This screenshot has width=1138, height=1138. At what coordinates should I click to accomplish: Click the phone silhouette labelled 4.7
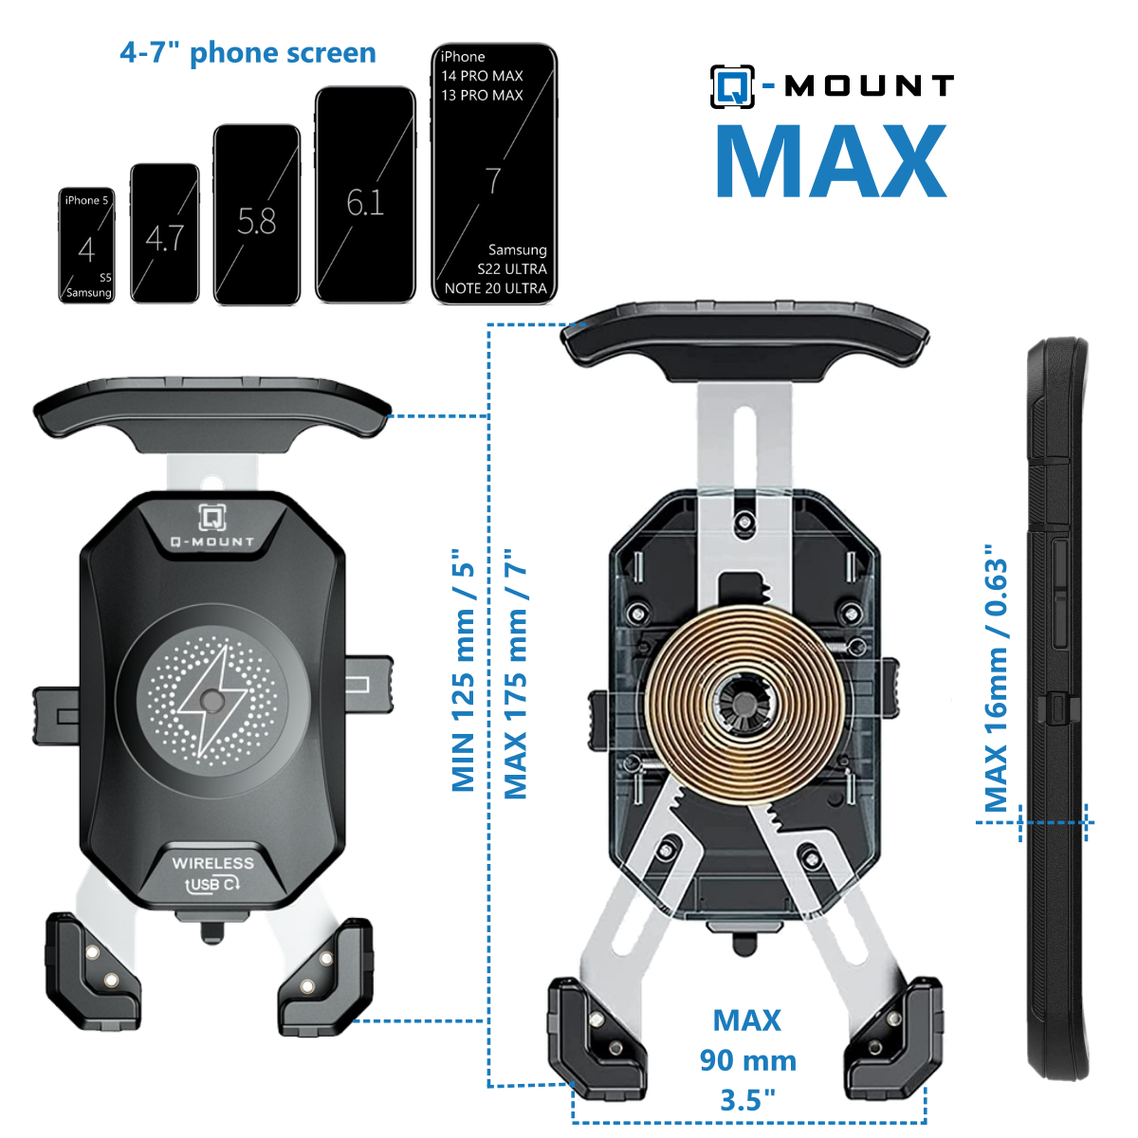tap(165, 233)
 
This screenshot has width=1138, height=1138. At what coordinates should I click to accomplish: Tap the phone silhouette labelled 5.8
tap(256, 214)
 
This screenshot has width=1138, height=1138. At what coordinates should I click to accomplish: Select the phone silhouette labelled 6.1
tap(365, 195)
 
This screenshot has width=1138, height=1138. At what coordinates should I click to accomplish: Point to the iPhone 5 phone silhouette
tap(86, 245)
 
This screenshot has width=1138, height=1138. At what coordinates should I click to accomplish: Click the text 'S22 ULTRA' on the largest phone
tap(512, 269)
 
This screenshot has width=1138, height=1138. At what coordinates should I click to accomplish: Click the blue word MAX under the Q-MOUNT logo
tap(832, 161)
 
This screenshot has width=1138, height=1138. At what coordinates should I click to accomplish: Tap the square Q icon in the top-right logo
tap(732, 87)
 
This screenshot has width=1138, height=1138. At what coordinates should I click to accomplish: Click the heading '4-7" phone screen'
tap(248, 52)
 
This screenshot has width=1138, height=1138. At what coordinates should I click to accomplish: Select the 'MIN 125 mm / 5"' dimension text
tap(463, 670)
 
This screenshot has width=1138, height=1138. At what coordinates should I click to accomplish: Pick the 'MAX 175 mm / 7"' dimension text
tap(516, 674)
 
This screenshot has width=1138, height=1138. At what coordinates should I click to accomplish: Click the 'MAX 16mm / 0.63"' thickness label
tap(996, 678)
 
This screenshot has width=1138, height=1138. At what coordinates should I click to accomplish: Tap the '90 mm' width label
tap(747, 1060)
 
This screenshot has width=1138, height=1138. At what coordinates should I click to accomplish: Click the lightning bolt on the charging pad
tap(211, 701)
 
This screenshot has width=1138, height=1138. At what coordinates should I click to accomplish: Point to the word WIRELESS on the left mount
tap(212, 863)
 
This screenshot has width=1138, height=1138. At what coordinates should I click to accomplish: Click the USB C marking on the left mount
tap(212, 884)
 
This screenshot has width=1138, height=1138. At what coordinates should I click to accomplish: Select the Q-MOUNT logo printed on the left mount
tap(212, 525)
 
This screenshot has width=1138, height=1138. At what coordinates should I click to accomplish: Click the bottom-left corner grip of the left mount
tap(93, 971)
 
